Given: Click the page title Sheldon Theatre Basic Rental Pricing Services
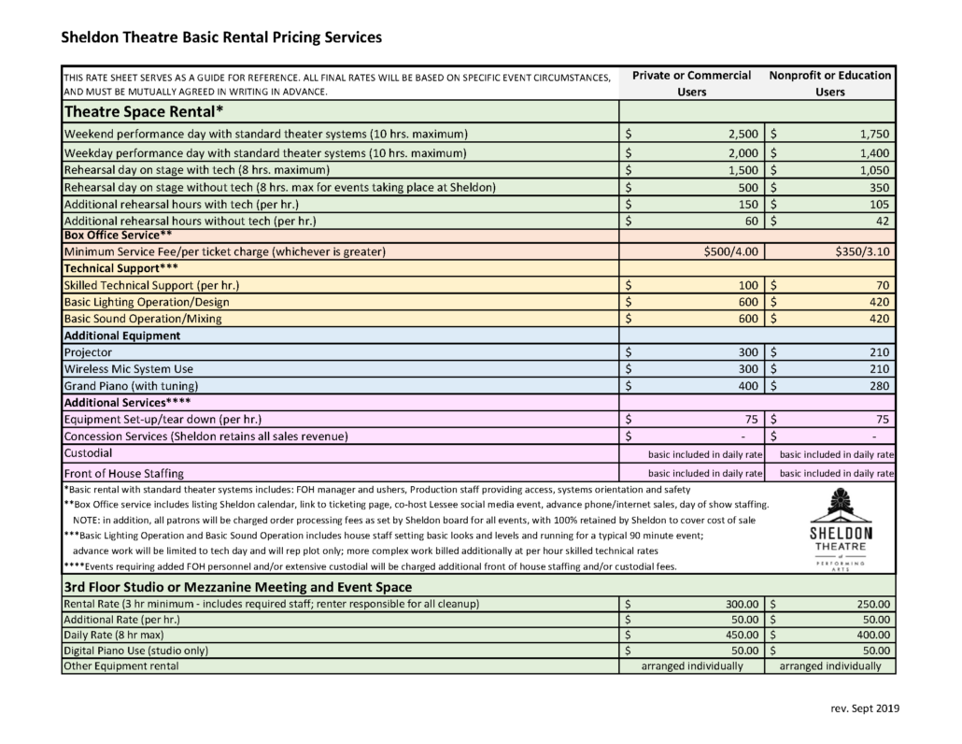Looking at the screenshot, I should click(x=220, y=38).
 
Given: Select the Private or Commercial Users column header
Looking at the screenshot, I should click(x=691, y=83).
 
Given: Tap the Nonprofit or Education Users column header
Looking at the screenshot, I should click(x=830, y=83).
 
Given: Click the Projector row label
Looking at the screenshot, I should click(x=88, y=351).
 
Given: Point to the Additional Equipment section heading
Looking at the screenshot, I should click(x=120, y=335).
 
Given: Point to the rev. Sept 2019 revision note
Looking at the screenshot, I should click(x=864, y=708).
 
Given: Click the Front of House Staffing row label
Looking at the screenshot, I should click(x=122, y=473).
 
